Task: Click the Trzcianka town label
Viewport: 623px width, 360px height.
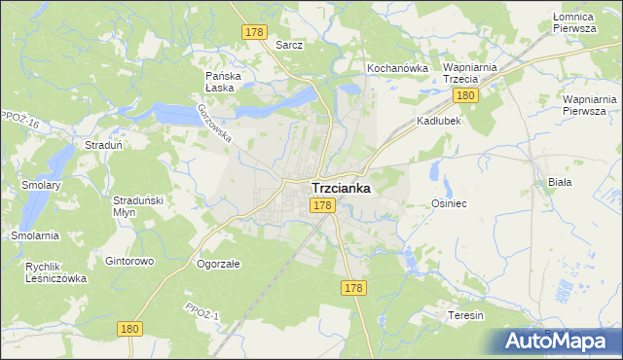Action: [x=340, y=189]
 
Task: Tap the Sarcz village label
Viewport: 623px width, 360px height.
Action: [x=289, y=45]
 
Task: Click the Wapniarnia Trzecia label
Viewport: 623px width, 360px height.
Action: [x=470, y=73]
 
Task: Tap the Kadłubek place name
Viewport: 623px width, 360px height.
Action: [x=438, y=122]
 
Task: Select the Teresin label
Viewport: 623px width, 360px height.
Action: [x=465, y=316]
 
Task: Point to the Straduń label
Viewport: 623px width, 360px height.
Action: [x=102, y=145]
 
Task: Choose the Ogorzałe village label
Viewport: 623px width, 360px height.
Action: [x=218, y=263]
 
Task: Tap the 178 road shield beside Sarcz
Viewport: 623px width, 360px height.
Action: [x=254, y=33]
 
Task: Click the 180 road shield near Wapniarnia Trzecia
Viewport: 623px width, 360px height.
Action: [x=465, y=95]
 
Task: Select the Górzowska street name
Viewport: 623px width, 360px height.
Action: [x=214, y=124]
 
